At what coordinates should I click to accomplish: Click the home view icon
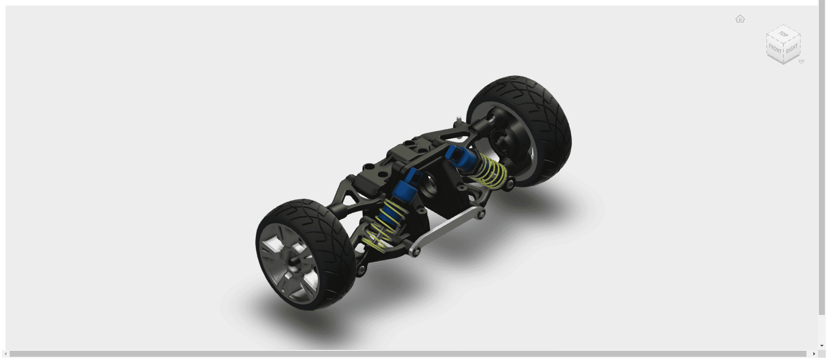[740, 19]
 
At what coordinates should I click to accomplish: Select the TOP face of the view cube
[783, 34]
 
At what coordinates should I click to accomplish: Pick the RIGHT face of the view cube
[792, 49]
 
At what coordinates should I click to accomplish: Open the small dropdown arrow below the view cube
[801, 62]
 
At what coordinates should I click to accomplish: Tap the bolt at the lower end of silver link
[415, 252]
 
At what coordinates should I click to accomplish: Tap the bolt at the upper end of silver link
[481, 214]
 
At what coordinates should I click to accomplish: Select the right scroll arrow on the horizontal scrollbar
[814, 354]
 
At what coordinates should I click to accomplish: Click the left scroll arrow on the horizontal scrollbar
[6, 354]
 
